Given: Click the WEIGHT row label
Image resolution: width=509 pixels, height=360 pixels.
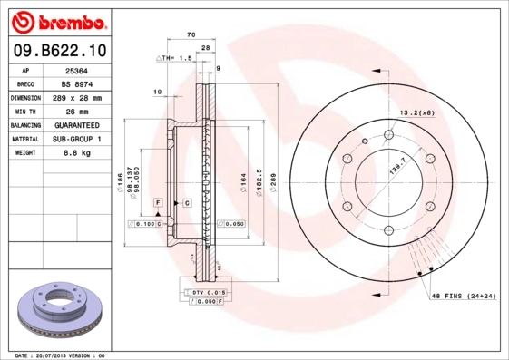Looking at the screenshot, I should pos(25,152).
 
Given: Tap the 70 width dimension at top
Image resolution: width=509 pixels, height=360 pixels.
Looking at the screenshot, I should pos(191,34).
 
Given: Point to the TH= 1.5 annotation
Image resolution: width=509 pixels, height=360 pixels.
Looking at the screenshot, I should pos(177,57).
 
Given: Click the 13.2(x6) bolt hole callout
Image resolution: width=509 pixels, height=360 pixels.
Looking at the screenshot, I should pos(417,112).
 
